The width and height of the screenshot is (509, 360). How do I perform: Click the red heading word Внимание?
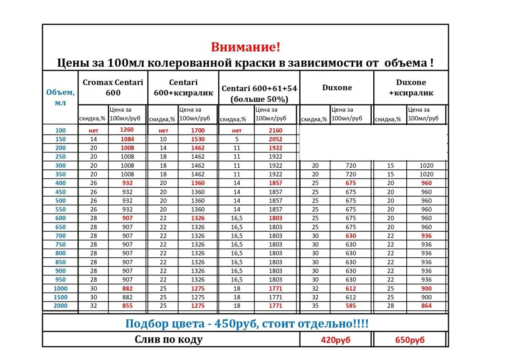pyautogui.click(x=246, y=47)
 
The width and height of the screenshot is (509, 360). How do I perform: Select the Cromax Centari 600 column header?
pyautogui.click(x=113, y=87)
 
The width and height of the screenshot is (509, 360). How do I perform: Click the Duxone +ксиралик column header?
pyautogui.click(x=411, y=87)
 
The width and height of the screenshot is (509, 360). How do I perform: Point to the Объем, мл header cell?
pyautogui.click(x=61, y=97)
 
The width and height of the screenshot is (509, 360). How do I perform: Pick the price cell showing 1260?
pyautogui.click(x=127, y=130)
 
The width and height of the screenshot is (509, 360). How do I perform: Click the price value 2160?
pyautogui.click(x=275, y=130)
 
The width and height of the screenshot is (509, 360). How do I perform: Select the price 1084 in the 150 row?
pyautogui.click(x=127, y=139)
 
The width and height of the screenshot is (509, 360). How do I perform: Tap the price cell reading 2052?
pyautogui.click(x=275, y=139)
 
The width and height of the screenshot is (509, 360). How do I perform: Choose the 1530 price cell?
pyautogui.click(x=198, y=139)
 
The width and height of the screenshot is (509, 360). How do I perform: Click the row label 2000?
pyautogui.click(x=61, y=306)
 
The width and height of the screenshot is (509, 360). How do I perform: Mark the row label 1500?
pyautogui.click(x=61, y=297)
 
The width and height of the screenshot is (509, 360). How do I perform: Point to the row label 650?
pyautogui.click(x=61, y=227)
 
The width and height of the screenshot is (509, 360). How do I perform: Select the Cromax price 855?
pyautogui.click(x=127, y=306)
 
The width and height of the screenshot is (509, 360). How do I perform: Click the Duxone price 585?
pyautogui.click(x=350, y=306)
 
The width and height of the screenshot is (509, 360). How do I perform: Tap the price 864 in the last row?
pyautogui.click(x=426, y=306)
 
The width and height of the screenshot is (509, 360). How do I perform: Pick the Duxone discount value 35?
pyautogui.click(x=315, y=306)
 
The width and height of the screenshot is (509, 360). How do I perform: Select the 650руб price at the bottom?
pyautogui.click(x=409, y=340)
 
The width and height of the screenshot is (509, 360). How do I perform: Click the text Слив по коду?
pyautogui.click(x=168, y=340)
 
